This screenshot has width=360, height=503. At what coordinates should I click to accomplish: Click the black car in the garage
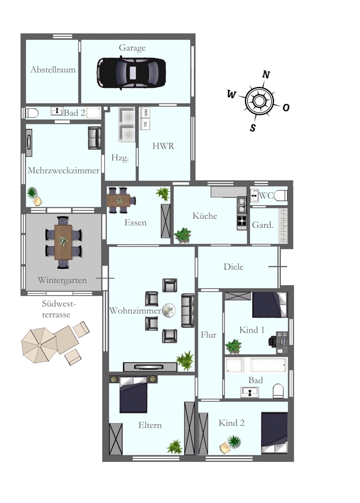(x=131, y=72)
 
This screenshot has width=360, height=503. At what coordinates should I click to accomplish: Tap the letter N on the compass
(x=266, y=75)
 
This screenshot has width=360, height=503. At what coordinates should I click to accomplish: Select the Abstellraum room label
(x=53, y=69)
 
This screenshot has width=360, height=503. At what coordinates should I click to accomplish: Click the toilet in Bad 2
(x=32, y=113)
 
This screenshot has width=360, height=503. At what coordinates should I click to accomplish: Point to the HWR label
(x=163, y=146)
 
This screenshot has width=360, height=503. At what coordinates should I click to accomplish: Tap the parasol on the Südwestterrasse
(x=40, y=345)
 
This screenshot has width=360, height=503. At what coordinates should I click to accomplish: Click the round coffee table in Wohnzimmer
(x=168, y=311)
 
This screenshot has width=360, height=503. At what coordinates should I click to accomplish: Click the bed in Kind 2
(x=274, y=432)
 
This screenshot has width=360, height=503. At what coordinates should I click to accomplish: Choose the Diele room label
(x=233, y=267)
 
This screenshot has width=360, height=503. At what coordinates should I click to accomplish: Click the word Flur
(x=208, y=334)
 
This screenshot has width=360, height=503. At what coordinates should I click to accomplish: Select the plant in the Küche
(x=183, y=234)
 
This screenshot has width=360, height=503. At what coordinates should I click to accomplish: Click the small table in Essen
(x=121, y=200)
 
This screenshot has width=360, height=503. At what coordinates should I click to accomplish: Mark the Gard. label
(x=262, y=225)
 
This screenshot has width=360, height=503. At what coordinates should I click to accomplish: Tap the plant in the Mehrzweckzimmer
(x=33, y=193)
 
